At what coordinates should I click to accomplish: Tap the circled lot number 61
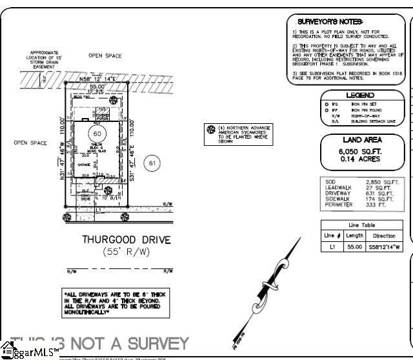[152, 163]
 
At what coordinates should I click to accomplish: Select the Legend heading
[360, 95]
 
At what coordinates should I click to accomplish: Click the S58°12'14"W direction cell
[384, 247]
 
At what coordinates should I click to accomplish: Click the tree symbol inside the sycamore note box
[210, 130]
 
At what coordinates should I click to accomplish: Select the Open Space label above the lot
[105, 56]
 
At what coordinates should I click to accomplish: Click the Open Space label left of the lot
[30, 143]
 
